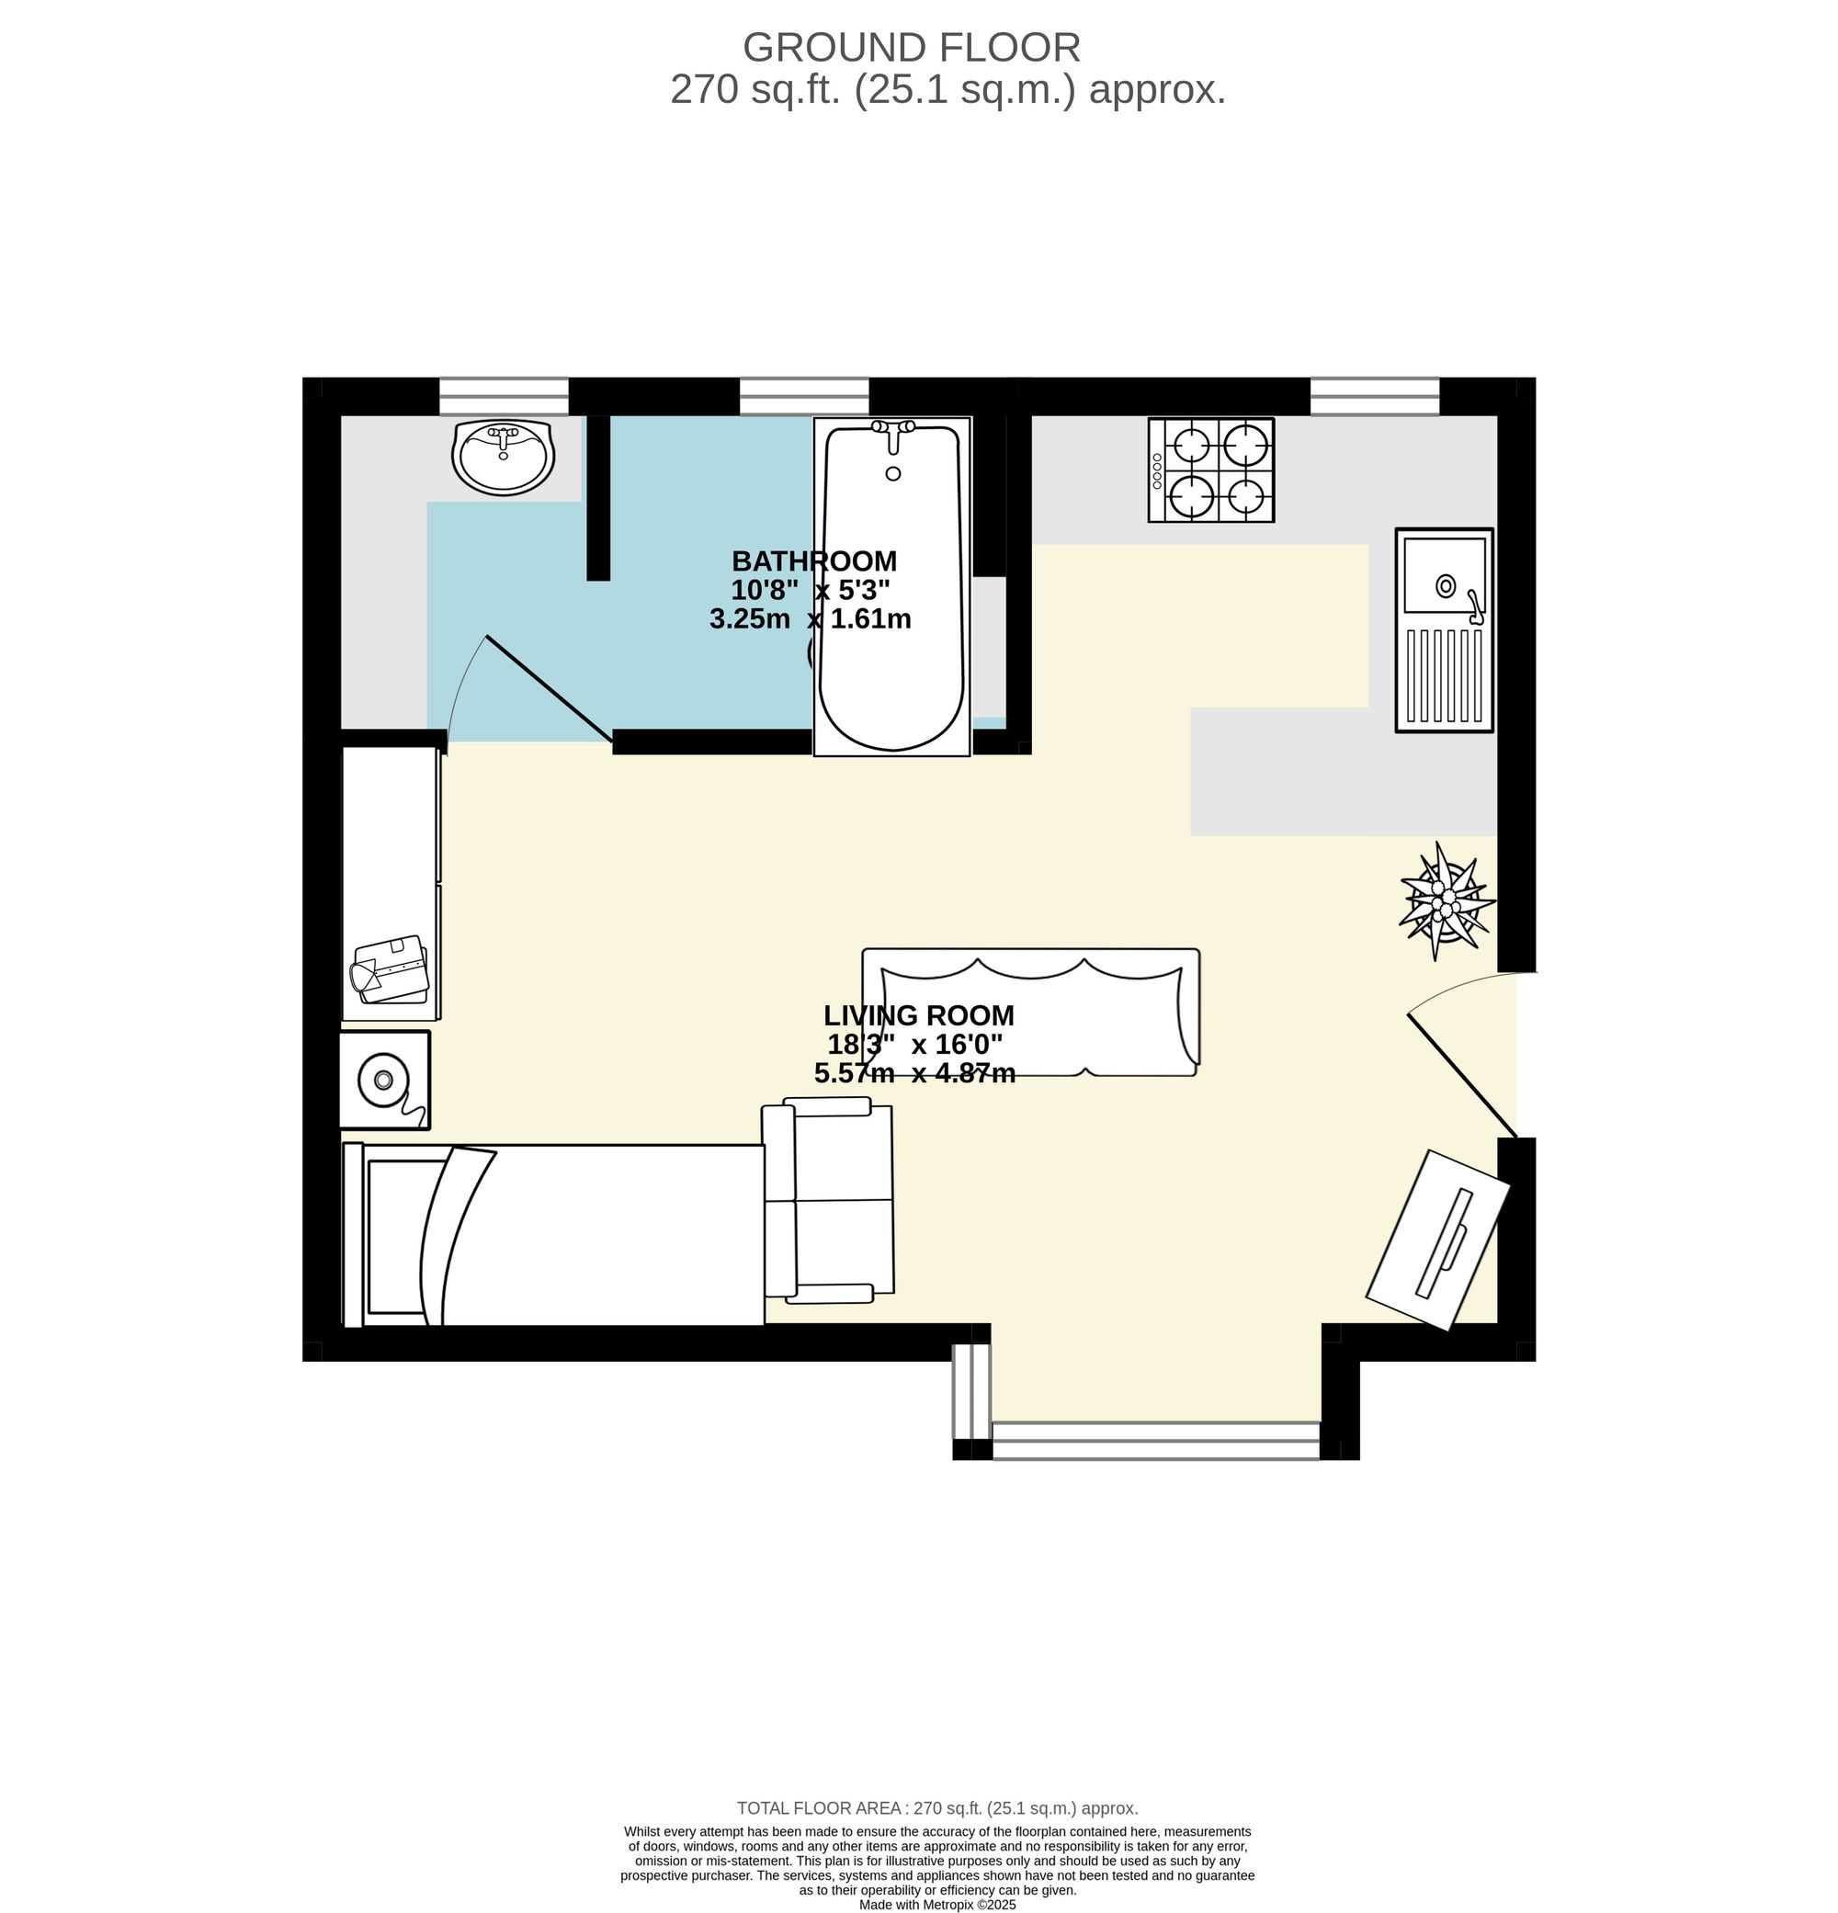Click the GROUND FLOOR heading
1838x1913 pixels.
(x=911, y=47)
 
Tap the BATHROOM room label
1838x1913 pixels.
(x=813, y=561)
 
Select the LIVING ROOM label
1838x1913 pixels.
(x=917, y=1015)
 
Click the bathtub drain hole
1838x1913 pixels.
(x=892, y=473)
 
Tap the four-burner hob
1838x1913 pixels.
(x=1210, y=470)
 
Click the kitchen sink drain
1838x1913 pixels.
(x=1445, y=585)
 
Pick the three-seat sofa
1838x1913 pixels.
(x=1031, y=1013)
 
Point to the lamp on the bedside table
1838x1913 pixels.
(x=383, y=1080)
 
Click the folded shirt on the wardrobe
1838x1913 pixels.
(x=391, y=969)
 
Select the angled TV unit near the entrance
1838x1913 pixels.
(x=1436, y=1239)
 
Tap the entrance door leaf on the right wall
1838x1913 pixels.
(x=1461, y=1076)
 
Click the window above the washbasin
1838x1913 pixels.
(x=503, y=397)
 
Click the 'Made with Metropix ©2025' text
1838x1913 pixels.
(x=937, y=1904)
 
